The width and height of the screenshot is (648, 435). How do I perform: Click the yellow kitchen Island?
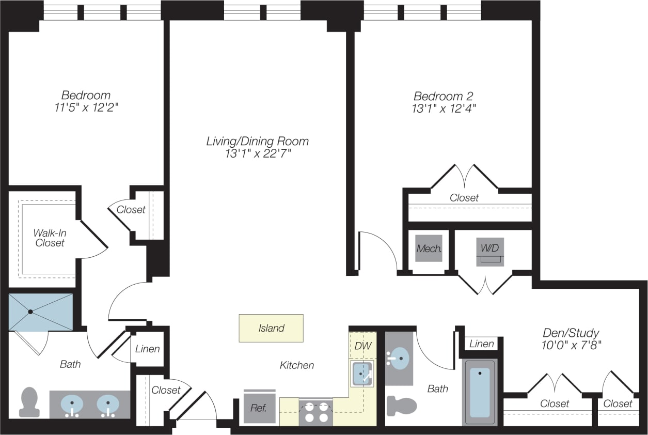(271, 328)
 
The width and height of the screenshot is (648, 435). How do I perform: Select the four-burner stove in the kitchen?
(316, 412)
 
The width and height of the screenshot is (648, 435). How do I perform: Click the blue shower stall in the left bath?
(41, 312)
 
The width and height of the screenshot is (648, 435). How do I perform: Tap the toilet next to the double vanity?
(29, 402)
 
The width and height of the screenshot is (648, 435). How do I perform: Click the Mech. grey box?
(429, 248)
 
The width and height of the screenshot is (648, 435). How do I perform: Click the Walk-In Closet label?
(50, 238)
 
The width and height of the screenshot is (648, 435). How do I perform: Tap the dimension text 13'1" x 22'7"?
(258, 154)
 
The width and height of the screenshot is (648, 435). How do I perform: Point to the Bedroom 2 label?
(444, 96)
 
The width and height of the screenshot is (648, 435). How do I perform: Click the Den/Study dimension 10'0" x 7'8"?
(571, 345)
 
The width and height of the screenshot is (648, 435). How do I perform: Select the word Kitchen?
(297, 365)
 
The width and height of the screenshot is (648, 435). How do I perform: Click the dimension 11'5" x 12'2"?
(86, 107)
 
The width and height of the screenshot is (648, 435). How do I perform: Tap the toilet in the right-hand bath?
(401, 406)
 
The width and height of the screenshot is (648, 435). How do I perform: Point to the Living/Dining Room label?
(258, 141)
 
